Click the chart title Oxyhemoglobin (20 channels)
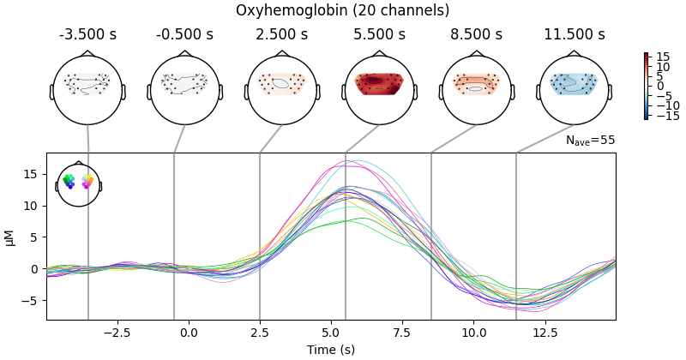click(x=343, y=11)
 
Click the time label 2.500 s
click(x=282, y=35)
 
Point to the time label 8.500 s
click(x=477, y=35)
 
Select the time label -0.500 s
click(x=185, y=35)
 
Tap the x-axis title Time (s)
click(x=331, y=350)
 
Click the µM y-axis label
click(x=10, y=237)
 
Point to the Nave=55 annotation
click(x=590, y=140)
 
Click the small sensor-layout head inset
click(x=79, y=183)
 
